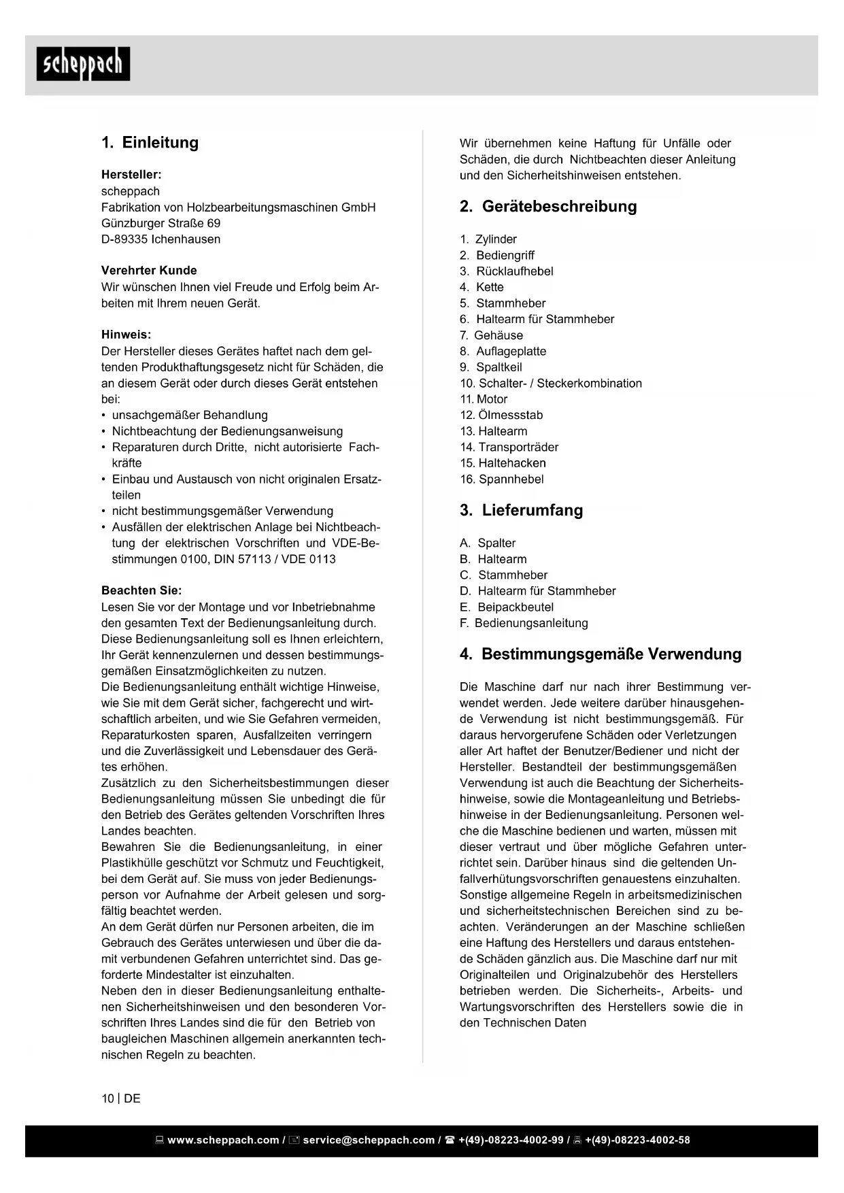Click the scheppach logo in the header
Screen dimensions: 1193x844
pyautogui.click(x=83, y=64)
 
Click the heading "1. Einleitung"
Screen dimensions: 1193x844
pyautogui.click(x=150, y=143)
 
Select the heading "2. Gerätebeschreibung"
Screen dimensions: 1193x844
pyautogui.click(x=548, y=207)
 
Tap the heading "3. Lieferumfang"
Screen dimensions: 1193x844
pyautogui.click(x=521, y=511)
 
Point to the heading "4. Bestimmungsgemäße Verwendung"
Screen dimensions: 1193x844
pyautogui.click(x=601, y=654)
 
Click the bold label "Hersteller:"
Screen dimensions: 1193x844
pyautogui.click(x=131, y=175)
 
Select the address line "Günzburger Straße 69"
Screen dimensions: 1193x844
pyautogui.click(x=161, y=223)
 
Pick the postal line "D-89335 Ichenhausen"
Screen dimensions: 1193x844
pyautogui.click(x=161, y=239)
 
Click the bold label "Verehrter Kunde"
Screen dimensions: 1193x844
pyautogui.click(x=149, y=271)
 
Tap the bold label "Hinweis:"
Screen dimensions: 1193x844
pyautogui.click(x=126, y=335)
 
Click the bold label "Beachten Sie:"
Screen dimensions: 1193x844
pyautogui.click(x=141, y=590)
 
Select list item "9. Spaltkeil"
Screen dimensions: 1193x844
pyautogui.click(x=491, y=367)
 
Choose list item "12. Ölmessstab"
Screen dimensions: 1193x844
pyautogui.click(x=501, y=415)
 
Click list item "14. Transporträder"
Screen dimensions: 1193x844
pyautogui.click(x=509, y=447)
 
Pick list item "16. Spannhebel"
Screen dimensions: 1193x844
pyautogui.click(x=502, y=479)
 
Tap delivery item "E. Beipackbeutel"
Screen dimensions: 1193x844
pyautogui.click(x=507, y=607)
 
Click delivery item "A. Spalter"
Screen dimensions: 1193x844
pyautogui.click(x=488, y=543)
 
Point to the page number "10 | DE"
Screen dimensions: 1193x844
pyautogui.click(x=121, y=1098)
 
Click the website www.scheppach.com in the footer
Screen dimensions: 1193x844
pyautogui.click(x=223, y=1140)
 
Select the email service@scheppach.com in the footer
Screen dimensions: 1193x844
pyautogui.click(x=369, y=1140)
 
